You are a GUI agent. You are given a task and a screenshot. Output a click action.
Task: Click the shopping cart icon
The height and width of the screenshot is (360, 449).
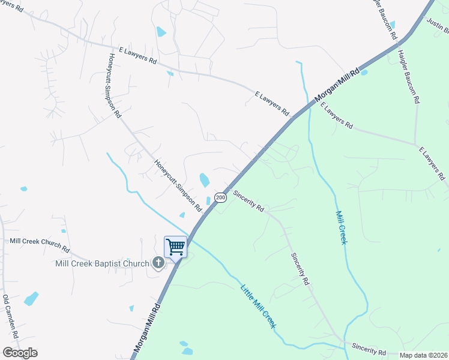pyautogui.click(x=175, y=247)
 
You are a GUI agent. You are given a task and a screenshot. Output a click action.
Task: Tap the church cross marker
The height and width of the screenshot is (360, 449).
pyautogui.click(x=158, y=262)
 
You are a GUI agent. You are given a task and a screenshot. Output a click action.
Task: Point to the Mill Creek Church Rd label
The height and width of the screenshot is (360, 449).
pyautogui.click(x=40, y=245)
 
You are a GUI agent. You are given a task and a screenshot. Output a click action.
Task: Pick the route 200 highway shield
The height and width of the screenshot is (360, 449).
pyautogui.click(x=220, y=197)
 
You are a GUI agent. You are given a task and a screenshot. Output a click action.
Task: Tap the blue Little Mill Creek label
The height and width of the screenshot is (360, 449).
pyautogui.click(x=258, y=306)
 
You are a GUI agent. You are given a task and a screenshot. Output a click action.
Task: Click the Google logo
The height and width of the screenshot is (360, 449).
pyautogui.click(x=20, y=352)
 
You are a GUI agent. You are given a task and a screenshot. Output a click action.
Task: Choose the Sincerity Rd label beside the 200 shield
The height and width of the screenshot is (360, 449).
pyautogui.click(x=249, y=201)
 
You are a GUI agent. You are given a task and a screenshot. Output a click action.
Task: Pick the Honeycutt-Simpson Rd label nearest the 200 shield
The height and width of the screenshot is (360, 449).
pyautogui.click(x=178, y=185)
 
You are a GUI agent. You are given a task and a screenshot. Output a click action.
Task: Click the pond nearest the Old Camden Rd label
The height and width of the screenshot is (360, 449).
pyautogui.click(x=31, y=298)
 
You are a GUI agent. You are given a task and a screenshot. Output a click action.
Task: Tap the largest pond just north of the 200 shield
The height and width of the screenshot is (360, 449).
pyautogui.click(x=204, y=179)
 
